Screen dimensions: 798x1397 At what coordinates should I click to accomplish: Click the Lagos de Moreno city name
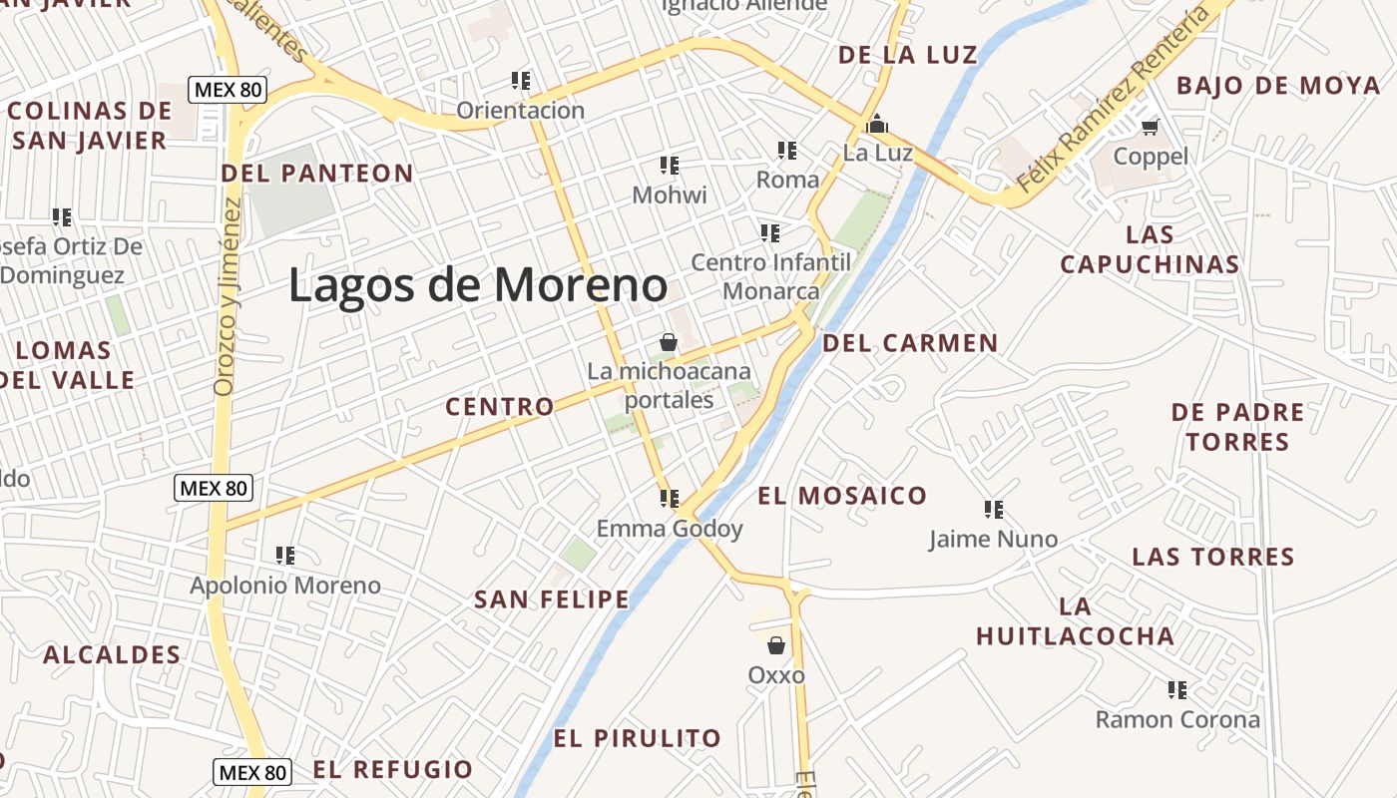coord(478,285)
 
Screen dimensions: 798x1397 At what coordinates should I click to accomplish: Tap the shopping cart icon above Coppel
coord(1151,127)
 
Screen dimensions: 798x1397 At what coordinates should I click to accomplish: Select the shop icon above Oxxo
coord(776,645)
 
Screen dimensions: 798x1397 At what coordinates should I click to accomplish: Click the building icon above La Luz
coord(877,124)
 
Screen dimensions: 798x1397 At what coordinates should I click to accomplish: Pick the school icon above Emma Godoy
coord(669,498)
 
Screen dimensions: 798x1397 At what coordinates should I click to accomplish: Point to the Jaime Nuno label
coord(993,540)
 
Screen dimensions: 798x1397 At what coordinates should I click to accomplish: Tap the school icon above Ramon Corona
coord(1177,689)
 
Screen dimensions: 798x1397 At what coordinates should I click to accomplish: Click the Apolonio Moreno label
coord(285,586)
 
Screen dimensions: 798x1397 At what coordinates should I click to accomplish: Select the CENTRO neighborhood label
coord(500,407)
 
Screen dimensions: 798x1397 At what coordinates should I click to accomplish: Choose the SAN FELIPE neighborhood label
coord(552,599)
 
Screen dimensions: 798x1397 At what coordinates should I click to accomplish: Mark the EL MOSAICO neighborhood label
coord(842,496)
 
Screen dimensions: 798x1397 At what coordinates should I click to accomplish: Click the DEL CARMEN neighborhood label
coord(910,344)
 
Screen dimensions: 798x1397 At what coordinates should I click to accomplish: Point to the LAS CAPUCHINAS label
coord(1150,249)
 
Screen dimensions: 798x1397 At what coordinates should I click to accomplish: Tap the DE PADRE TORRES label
coord(1237,427)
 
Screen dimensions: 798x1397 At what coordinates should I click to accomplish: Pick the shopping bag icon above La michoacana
coord(669,343)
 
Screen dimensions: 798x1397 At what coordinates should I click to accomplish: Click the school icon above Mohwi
coord(670,165)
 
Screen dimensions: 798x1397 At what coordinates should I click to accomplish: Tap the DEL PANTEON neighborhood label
coord(317,174)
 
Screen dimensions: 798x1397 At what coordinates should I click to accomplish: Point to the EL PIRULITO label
coord(637,739)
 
